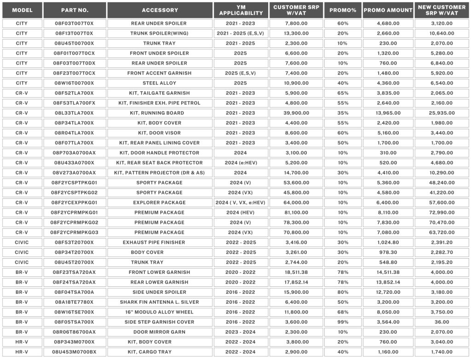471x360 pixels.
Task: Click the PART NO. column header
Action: point(75,10)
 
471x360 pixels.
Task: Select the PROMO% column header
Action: point(342,10)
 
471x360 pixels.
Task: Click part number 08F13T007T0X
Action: point(75,33)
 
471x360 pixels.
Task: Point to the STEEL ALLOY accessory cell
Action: point(160,83)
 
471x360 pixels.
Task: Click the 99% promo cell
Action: point(342,322)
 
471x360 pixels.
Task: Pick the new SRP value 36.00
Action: point(442,322)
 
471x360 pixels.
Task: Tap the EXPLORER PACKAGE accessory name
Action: point(160,203)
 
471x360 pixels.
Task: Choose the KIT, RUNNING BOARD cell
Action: point(160,113)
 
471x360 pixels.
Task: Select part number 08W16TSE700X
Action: point(75,312)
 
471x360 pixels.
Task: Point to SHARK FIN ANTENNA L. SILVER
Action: point(160,302)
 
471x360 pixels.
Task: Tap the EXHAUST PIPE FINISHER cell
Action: point(160,243)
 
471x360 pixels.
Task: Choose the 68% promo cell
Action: point(342,312)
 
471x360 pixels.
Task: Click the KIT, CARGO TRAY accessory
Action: point(160,352)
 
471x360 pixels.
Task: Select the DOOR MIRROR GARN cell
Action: point(160,332)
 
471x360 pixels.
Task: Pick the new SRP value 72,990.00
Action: point(442,213)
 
